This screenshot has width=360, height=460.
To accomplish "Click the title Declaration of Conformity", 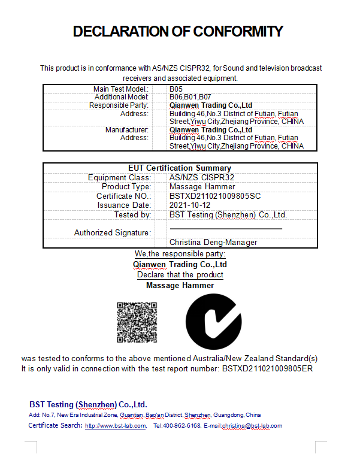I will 178,32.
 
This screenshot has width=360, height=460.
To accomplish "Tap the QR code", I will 137,322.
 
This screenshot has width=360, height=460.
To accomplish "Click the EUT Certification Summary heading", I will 180,168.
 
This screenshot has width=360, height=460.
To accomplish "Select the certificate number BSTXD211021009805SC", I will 215,196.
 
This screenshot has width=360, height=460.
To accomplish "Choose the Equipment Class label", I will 118,178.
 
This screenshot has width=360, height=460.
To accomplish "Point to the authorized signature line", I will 226,229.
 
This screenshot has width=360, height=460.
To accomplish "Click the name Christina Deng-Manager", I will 213,243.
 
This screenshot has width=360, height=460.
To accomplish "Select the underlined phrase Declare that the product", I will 180,275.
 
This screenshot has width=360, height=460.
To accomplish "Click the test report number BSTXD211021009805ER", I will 267,368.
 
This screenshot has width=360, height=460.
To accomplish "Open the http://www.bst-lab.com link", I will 115,426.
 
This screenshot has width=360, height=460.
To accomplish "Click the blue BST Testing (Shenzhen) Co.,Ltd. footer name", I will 88,404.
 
